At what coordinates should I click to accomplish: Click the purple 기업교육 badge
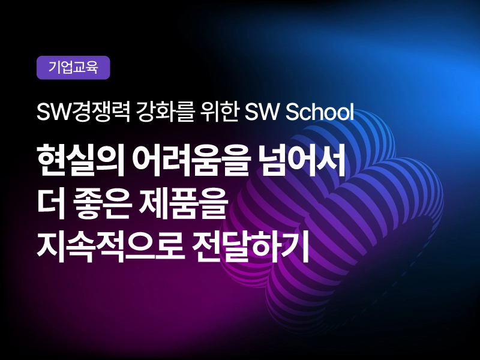[73, 68]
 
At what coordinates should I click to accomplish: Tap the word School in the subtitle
[319, 112]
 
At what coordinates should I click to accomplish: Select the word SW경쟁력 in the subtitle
[83, 112]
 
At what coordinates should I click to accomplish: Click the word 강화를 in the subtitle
[165, 112]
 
